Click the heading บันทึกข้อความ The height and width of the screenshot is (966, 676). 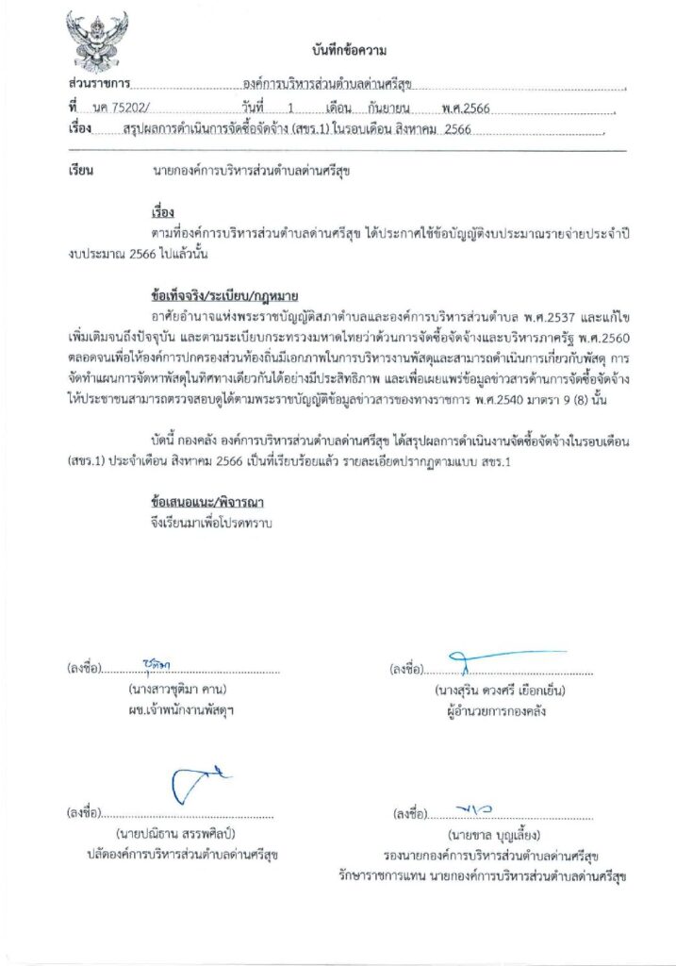click(x=349, y=50)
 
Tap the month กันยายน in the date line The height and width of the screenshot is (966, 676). click(x=389, y=108)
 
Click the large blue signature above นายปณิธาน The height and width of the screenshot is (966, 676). click(x=198, y=785)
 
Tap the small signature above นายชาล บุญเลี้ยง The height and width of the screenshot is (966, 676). click(x=473, y=808)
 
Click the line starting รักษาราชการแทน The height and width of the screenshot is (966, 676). click(x=484, y=876)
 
